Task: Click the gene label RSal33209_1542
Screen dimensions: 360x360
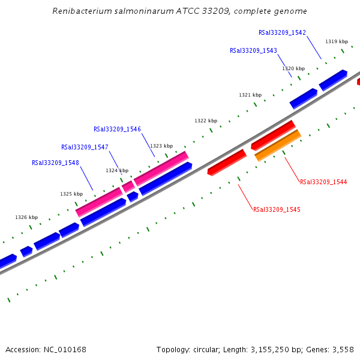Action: coord(282,32)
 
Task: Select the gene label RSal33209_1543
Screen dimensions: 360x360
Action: coord(253,51)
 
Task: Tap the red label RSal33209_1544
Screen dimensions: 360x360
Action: coord(323,182)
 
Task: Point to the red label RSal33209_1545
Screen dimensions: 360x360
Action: coord(277,210)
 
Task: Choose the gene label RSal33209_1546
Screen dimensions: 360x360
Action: coord(117,129)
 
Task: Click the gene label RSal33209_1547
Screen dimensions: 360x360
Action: coord(85,147)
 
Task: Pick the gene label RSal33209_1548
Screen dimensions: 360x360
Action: coord(55,163)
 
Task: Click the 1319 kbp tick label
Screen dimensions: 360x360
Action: coord(337,41)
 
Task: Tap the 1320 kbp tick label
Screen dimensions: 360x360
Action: coord(293,68)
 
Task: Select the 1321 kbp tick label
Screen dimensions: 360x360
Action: coord(250,95)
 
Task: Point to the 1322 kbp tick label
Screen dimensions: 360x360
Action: coord(205,121)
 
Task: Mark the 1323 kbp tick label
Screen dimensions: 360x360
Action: coord(161,146)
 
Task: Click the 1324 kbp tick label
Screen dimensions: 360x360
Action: coord(117,170)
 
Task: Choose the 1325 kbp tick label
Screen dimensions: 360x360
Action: coord(71,194)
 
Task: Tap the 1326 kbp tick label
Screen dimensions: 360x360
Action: coord(26,217)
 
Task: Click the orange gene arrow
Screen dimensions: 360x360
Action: coord(278,146)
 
